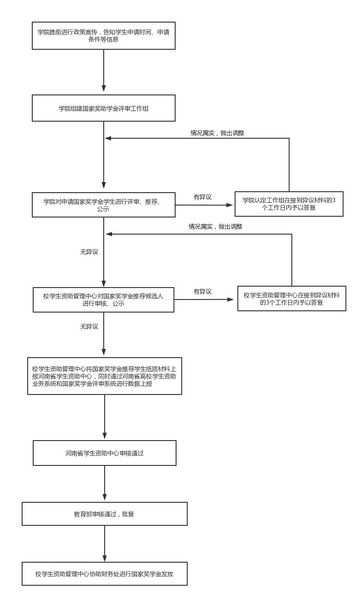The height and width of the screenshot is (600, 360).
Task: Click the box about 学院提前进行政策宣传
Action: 104,35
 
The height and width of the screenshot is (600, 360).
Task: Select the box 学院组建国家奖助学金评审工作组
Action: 104,108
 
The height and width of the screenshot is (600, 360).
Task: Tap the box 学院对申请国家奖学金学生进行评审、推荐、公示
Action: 104,205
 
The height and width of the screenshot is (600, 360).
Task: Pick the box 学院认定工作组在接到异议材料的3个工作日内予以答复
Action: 289,204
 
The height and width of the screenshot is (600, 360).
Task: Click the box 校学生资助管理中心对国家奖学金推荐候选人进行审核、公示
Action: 103,300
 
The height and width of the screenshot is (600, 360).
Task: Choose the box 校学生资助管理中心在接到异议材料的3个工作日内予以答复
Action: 292,299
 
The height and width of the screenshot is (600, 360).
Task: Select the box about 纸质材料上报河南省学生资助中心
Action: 105,376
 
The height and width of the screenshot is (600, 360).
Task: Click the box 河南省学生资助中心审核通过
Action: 105,453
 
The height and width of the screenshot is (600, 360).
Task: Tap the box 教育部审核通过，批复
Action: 105,514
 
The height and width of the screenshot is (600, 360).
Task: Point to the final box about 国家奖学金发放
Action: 105,574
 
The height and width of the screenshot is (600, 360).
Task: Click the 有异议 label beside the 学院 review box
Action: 203,197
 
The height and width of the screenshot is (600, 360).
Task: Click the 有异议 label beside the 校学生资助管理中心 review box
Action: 203,291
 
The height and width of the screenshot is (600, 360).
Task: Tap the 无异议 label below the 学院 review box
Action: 89,252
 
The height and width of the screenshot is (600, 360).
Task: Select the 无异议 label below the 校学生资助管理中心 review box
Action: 89,327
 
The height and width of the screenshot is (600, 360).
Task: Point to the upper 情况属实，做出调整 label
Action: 217,133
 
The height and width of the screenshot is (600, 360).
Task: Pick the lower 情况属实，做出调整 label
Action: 215,227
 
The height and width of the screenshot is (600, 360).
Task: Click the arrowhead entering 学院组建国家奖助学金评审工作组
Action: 104,88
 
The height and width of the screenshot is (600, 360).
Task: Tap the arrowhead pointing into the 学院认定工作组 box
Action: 230,205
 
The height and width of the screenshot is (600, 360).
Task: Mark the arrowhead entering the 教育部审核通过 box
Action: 105,496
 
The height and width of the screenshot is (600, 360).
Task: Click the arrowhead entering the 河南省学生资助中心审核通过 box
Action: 105,435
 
